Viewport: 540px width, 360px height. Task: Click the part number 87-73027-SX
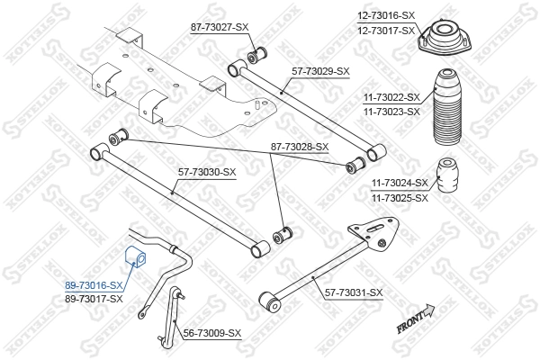tap(220, 27)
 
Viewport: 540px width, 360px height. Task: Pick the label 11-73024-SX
tap(400, 183)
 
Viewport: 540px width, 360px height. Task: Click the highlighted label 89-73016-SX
tap(94, 285)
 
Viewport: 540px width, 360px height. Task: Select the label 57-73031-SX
tap(351, 292)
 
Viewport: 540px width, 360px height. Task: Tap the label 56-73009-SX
tap(212, 333)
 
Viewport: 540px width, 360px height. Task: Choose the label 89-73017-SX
tap(94, 299)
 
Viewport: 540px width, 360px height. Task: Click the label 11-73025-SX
tap(400, 196)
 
